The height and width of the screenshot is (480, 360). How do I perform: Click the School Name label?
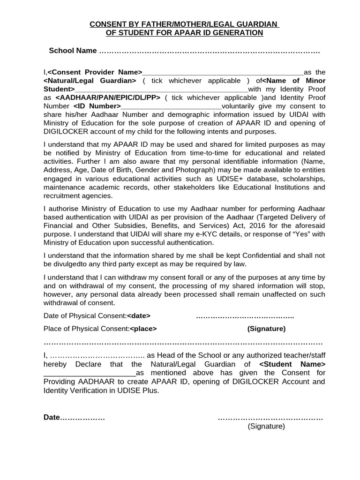coord(73,51)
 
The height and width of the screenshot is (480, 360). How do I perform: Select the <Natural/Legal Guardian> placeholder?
coord(90,81)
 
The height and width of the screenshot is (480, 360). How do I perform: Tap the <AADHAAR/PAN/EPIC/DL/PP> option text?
coord(108,97)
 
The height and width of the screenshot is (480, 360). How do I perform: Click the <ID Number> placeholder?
coord(97,106)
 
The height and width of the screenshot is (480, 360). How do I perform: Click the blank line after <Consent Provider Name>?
coord(223,73)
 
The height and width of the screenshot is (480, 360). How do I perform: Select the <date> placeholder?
coord(139,316)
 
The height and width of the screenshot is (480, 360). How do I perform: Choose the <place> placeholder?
coord(143,329)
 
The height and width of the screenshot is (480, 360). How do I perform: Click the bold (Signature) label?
coord(266,329)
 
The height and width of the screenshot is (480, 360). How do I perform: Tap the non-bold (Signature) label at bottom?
coord(266,426)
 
